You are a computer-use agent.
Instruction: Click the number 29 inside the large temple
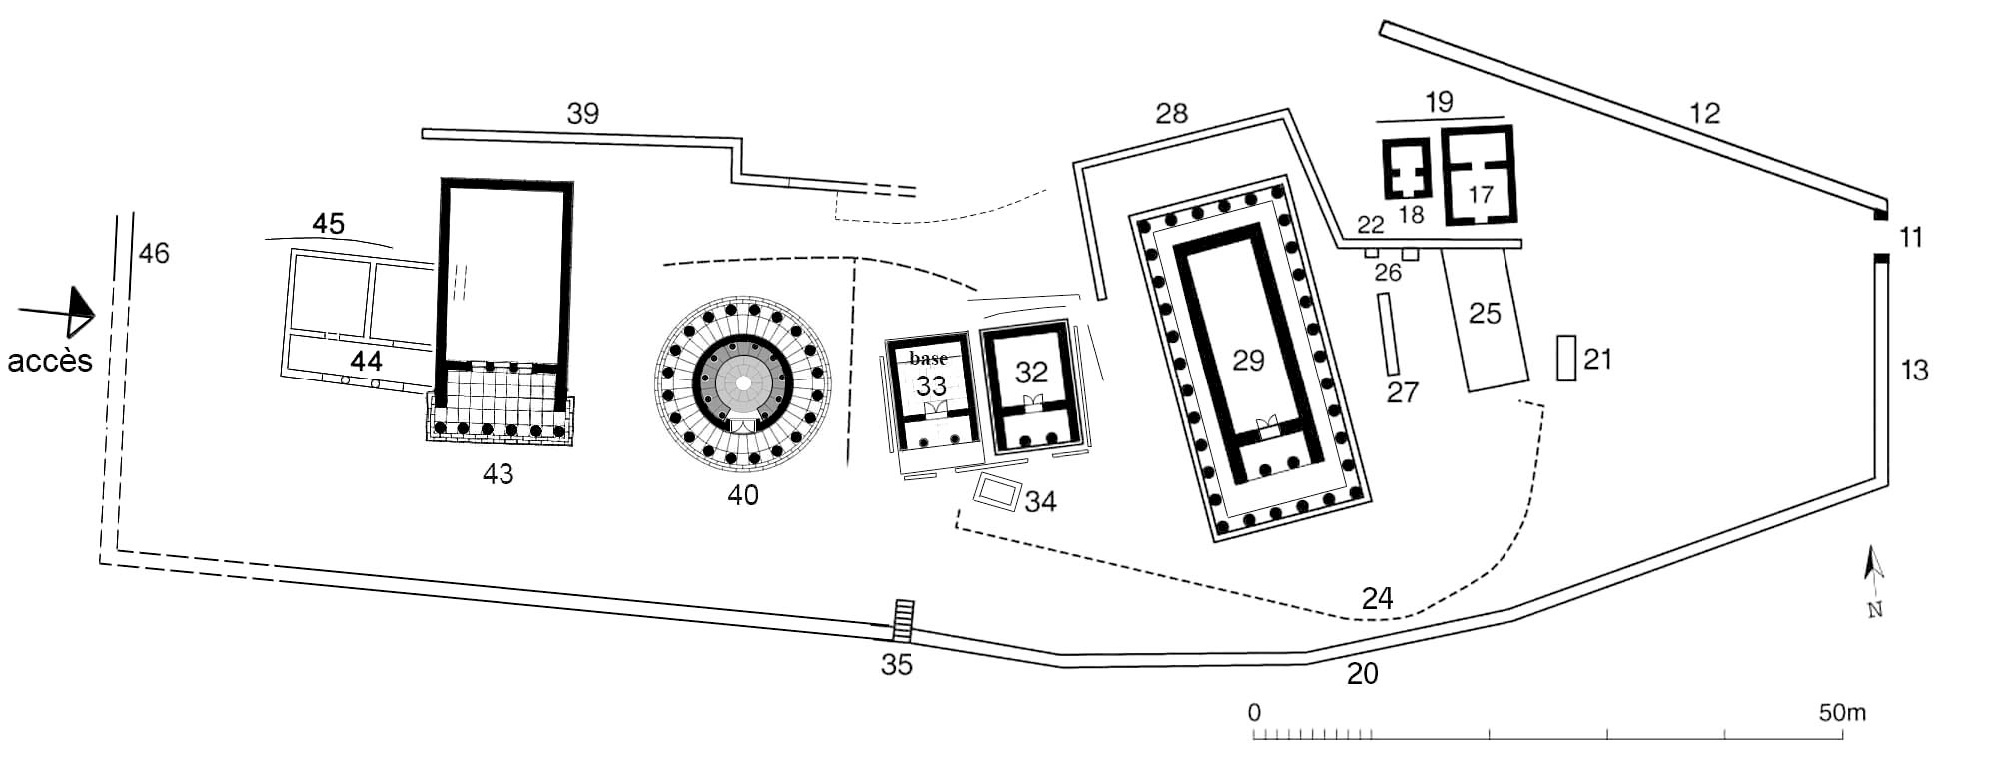(1248, 360)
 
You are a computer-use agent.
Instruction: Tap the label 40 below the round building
(743, 494)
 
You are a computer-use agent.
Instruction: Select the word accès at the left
(49, 360)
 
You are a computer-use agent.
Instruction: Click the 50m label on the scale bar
(1841, 713)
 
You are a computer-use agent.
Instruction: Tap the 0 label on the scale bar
(1254, 713)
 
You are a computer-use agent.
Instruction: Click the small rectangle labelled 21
(1566, 358)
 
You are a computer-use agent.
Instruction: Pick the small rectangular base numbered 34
(998, 492)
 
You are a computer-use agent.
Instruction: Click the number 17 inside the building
(1480, 193)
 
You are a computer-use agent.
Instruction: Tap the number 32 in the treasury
(1031, 372)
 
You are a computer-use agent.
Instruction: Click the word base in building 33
(928, 358)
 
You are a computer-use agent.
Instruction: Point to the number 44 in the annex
(366, 361)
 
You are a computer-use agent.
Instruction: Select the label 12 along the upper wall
(1704, 113)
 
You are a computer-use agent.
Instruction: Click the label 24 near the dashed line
(1377, 598)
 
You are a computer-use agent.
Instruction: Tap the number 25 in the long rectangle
(1485, 314)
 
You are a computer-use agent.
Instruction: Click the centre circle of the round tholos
(743, 383)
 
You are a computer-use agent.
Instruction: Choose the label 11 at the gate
(1910, 237)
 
